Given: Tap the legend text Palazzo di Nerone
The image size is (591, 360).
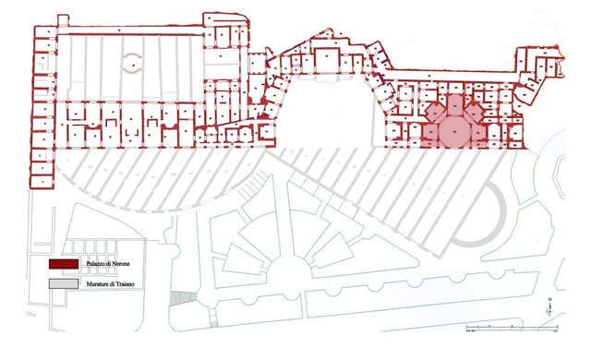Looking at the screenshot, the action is click(102, 265).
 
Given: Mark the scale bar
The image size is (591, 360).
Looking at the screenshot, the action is click(503, 327).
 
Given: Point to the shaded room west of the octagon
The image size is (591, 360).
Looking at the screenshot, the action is click(426, 133).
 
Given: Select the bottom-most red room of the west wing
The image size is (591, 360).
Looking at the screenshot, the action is click(42, 175).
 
